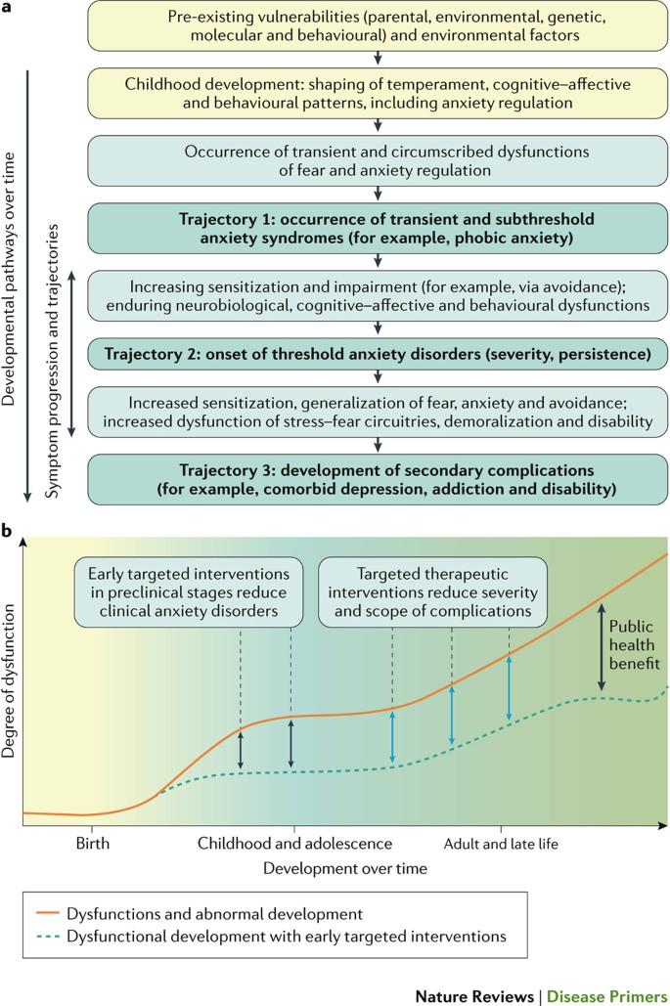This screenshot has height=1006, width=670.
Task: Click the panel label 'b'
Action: click(x=8, y=532)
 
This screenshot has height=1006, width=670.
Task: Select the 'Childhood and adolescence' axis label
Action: click(x=294, y=843)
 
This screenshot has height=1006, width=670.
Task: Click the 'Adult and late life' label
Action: click(x=501, y=843)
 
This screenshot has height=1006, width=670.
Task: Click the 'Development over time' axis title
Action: click(x=334, y=867)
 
